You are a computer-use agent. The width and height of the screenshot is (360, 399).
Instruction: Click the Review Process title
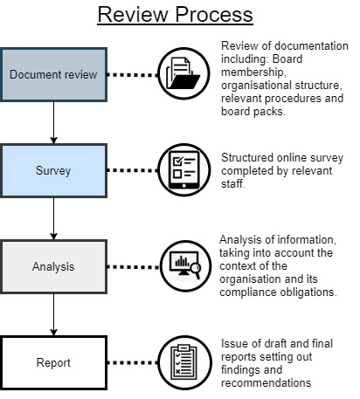coord(175,15)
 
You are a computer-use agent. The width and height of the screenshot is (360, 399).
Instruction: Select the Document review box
coord(53,75)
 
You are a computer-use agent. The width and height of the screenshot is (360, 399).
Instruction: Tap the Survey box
coord(53,170)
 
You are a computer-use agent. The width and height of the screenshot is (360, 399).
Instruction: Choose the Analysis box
coord(53,266)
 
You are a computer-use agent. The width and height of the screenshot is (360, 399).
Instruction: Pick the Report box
coord(53,362)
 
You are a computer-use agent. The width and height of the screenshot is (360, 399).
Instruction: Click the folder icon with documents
coord(183,73)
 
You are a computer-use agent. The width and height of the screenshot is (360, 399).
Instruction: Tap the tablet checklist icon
coord(184,169)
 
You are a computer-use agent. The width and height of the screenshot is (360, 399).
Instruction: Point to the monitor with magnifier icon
coord(185,266)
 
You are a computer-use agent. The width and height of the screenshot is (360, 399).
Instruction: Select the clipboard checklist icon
coord(184,362)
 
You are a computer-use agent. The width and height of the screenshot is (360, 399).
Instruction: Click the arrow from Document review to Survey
coord(53,122)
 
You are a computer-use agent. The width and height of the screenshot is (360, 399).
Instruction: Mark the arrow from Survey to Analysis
coord(53,219)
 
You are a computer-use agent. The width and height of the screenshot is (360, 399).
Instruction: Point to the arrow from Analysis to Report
coord(53,315)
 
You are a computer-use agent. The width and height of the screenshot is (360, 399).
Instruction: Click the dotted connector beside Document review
coord(133,75)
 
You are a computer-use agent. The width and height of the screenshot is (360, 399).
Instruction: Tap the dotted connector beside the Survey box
coord(133,170)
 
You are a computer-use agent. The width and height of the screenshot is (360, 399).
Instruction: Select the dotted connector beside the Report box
coord(133,362)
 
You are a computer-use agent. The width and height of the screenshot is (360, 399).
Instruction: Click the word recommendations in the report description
coord(266,382)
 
